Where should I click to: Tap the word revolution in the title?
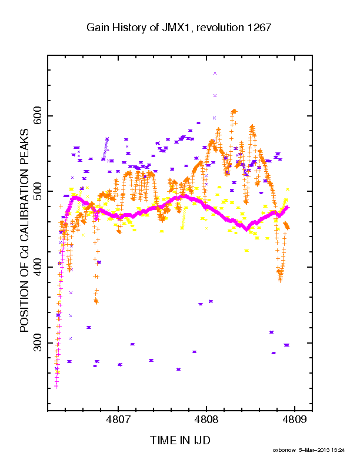tap(220, 28)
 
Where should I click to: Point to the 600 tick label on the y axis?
tap(38, 116)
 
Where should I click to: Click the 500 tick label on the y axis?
tap(38, 191)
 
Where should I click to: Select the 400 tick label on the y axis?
tap(38, 267)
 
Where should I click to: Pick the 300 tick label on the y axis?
tap(38, 343)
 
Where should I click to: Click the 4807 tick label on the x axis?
tap(118, 420)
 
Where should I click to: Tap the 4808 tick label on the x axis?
tap(206, 420)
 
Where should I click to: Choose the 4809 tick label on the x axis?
tap(294, 420)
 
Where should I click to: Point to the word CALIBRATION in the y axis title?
tap(24, 201)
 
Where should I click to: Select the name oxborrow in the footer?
tap(284, 450)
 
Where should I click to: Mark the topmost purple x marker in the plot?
tap(215, 74)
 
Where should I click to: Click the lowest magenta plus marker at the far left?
tap(56, 387)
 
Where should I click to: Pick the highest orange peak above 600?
tap(234, 111)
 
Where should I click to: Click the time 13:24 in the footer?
tap(338, 450)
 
